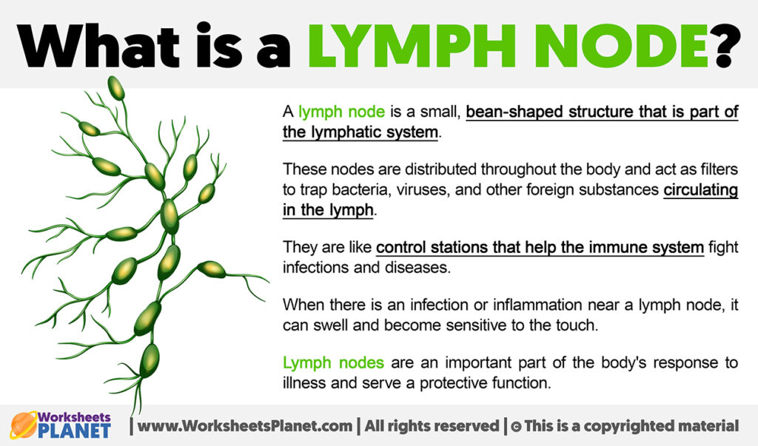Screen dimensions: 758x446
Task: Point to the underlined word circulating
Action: [x=701, y=190]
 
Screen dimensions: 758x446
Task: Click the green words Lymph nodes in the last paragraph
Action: [x=333, y=362]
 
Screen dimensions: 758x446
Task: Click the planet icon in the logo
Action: [x=24, y=425]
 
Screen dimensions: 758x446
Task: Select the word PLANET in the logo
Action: [x=75, y=430]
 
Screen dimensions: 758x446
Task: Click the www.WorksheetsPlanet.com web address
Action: [x=244, y=426]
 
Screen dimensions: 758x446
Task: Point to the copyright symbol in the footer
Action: [x=516, y=427]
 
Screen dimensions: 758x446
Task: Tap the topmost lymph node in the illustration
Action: [x=116, y=88]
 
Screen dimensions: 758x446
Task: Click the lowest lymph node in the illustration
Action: [x=150, y=361]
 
